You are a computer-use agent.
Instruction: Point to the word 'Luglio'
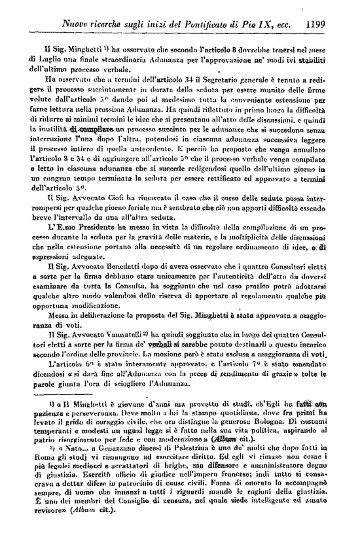click(x=52, y=61)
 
